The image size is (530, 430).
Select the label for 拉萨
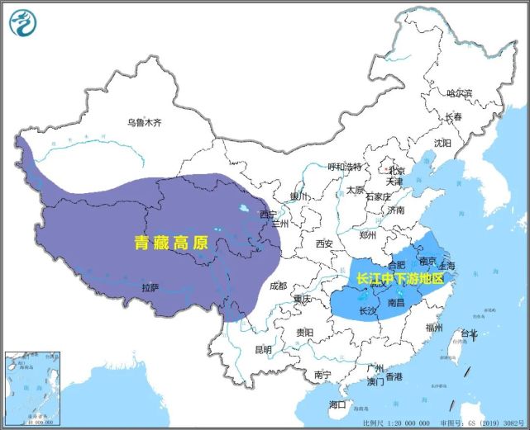150,288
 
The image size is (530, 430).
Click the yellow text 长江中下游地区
400,280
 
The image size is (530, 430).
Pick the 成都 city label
279,286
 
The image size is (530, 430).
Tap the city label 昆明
263,350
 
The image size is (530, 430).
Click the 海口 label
337,404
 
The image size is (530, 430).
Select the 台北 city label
469,334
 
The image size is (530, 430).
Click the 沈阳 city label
442,143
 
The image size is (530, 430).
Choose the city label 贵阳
304,333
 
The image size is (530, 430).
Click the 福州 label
435,328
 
